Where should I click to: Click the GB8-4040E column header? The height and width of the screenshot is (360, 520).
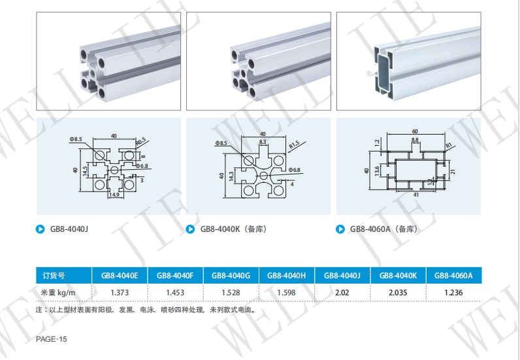(120, 276)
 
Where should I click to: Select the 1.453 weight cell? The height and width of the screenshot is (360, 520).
(175, 292)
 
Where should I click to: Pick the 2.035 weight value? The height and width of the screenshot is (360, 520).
(398, 292)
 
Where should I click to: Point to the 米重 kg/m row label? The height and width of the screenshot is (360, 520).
(59, 292)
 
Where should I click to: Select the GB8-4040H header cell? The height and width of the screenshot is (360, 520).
(286, 276)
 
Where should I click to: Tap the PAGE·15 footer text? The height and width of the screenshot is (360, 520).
(52, 339)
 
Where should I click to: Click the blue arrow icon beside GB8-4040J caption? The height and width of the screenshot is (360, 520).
(41, 229)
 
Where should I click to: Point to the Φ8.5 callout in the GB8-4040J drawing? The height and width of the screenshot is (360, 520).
(75, 140)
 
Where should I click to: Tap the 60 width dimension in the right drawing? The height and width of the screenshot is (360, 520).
(415, 131)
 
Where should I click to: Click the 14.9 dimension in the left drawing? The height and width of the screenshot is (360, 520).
(114, 195)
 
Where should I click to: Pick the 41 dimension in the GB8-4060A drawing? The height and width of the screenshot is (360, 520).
(416, 195)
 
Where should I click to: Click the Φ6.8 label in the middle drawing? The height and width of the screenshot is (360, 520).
(294, 170)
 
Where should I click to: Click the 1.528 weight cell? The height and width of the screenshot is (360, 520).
(231, 292)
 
